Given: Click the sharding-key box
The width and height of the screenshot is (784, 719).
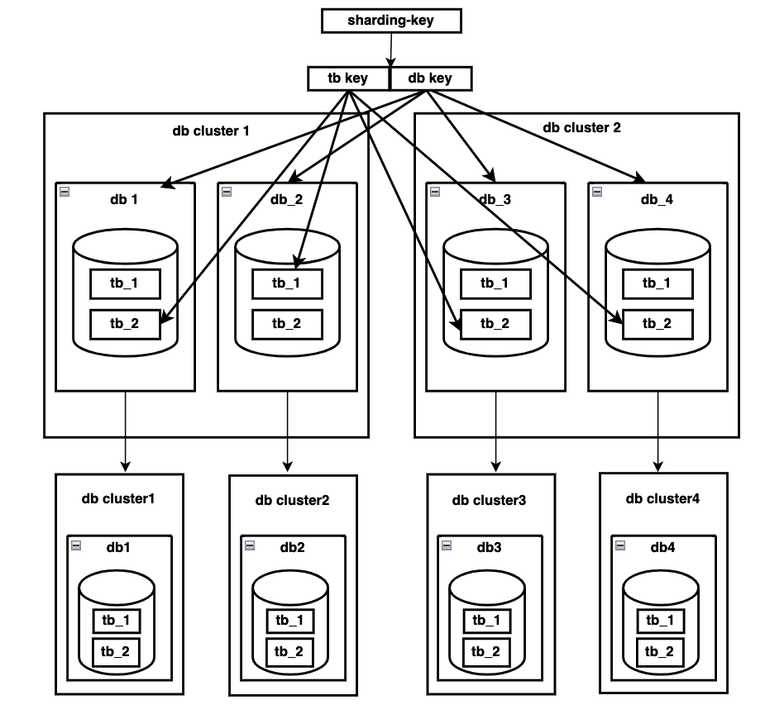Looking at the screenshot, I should coord(390,21).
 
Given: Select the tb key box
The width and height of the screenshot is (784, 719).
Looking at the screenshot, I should coord(347,79).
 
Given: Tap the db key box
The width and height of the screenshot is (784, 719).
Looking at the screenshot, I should coord(430,79).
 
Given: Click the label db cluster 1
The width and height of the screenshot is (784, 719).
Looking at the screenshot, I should coord(211,131).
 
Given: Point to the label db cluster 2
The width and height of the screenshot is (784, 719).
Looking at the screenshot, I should coord(581,127).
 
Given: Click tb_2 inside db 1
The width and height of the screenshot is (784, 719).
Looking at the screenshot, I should coord(125,323).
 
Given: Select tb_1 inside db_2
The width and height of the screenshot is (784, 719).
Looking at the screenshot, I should coord(287,283).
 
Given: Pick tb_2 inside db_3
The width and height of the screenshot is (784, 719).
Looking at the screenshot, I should coord(495,323).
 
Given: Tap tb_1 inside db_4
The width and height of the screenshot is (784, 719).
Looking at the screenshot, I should coord(657,283).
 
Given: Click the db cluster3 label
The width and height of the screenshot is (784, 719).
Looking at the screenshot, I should coord(489,500).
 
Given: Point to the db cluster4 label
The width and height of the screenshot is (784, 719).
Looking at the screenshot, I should coord(662,498).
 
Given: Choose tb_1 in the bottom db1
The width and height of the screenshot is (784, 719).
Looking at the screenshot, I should coord(117,620).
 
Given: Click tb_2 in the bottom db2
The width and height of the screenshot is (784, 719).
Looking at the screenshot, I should coord(290,652).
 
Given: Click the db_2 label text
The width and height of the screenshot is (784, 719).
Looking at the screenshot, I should coord(287,199).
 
